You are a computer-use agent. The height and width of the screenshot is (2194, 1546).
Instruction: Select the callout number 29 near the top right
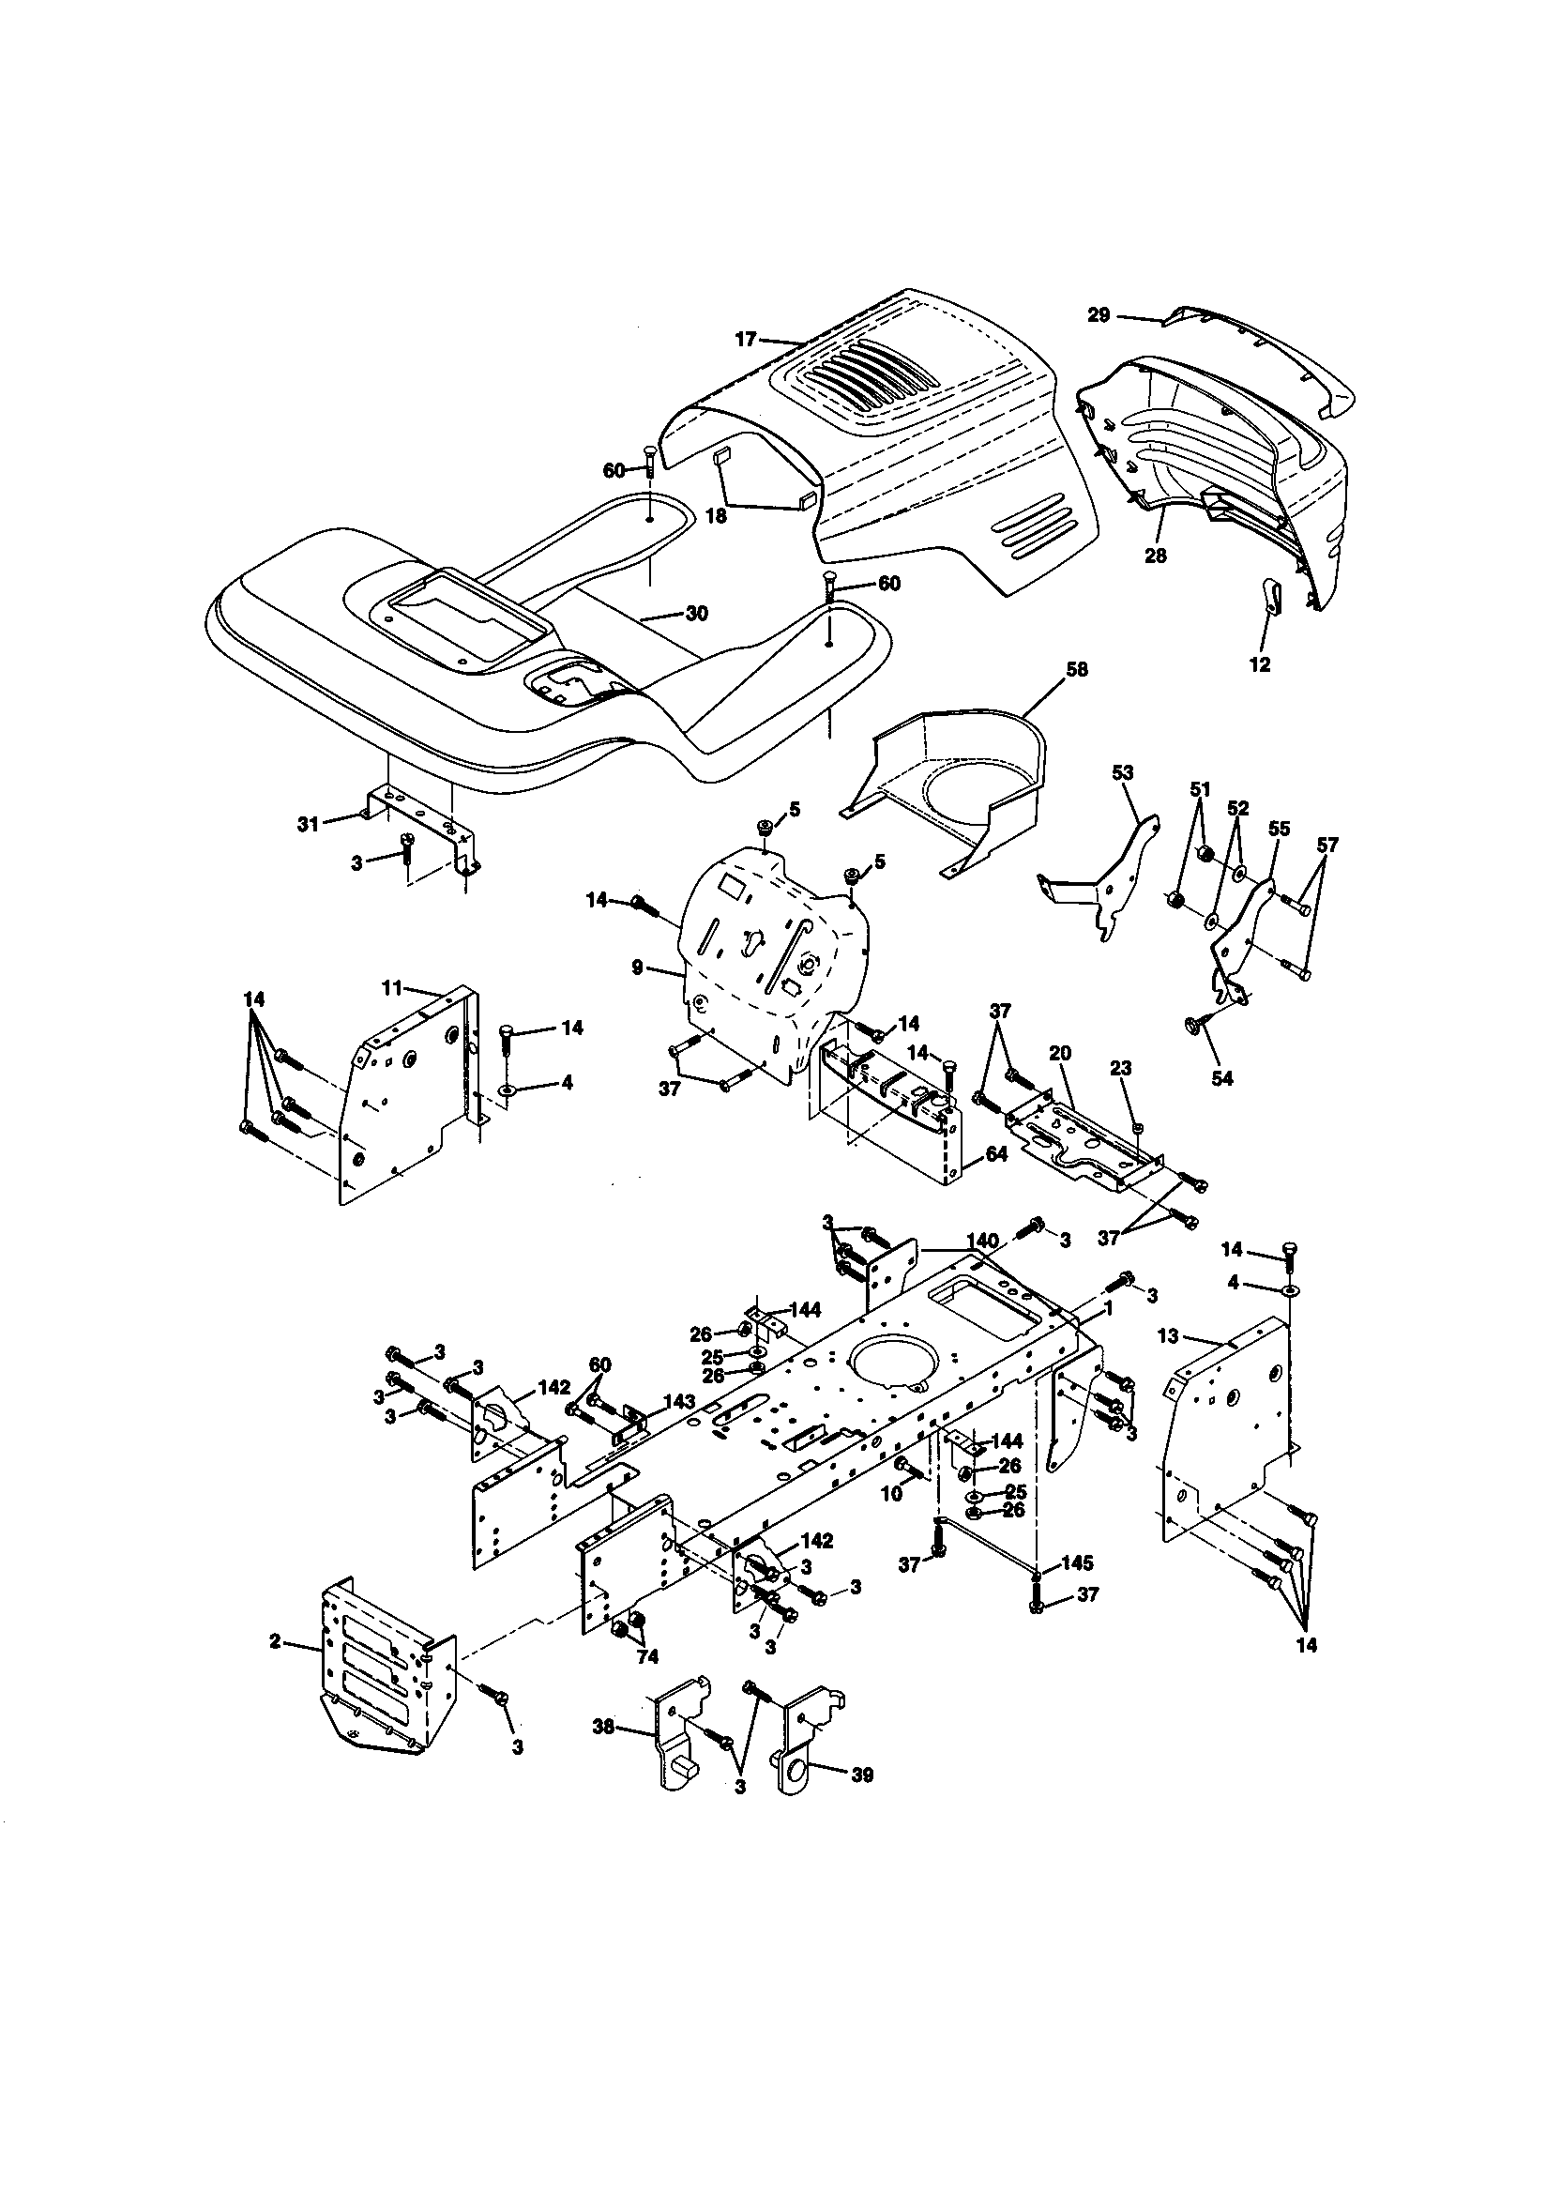click(1099, 314)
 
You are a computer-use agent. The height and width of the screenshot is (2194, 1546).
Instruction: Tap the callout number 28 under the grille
click(1155, 556)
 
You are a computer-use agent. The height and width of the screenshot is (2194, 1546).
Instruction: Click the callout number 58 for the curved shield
click(1076, 670)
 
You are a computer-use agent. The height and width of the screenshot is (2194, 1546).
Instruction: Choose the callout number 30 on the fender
click(697, 614)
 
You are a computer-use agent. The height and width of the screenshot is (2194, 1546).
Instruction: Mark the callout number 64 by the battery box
click(995, 1154)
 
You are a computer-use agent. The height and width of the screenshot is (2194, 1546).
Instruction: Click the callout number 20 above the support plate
click(1060, 1052)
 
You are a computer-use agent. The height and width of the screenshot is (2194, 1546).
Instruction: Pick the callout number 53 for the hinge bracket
click(1123, 772)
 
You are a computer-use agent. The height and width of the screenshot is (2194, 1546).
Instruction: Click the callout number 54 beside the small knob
click(1221, 1078)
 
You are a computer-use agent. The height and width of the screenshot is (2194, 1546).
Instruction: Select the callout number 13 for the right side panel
click(1169, 1336)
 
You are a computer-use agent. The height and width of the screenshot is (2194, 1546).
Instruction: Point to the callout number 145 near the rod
click(1079, 1564)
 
